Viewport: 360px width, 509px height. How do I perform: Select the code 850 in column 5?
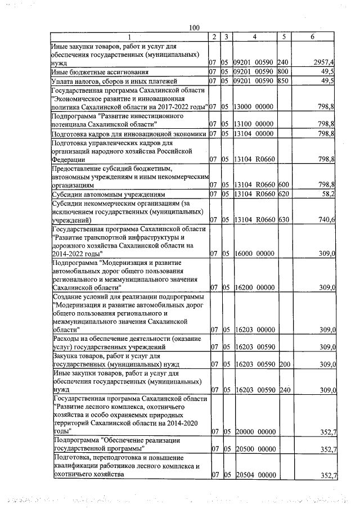(x=283, y=81)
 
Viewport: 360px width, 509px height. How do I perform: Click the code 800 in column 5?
(x=283, y=72)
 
